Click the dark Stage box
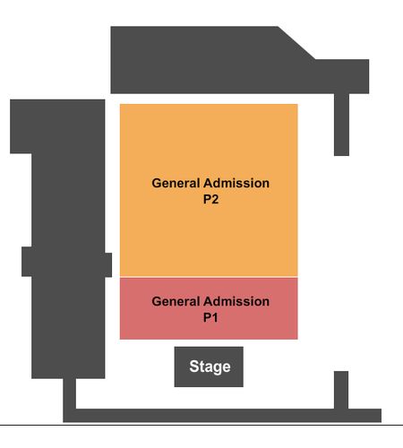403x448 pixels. coord(209,366)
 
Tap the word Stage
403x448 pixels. coord(210,367)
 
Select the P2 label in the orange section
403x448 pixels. coord(210,199)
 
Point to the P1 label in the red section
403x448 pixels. coord(210,317)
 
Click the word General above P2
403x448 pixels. coord(176,183)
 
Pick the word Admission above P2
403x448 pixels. coord(236,183)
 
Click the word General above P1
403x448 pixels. coord(176,301)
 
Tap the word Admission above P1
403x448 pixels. coord(236,301)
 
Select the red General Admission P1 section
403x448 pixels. coord(209,308)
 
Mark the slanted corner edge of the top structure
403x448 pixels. coord(296,43)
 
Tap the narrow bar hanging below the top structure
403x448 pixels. coord(341,125)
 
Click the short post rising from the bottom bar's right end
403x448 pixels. coord(341,390)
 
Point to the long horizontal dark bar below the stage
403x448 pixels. coord(222,416)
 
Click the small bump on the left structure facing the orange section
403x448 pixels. coord(108,265)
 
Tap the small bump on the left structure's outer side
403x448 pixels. coord(27,262)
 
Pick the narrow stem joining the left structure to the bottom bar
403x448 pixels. coord(69,393)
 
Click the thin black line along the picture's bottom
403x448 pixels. coord(201,425)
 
